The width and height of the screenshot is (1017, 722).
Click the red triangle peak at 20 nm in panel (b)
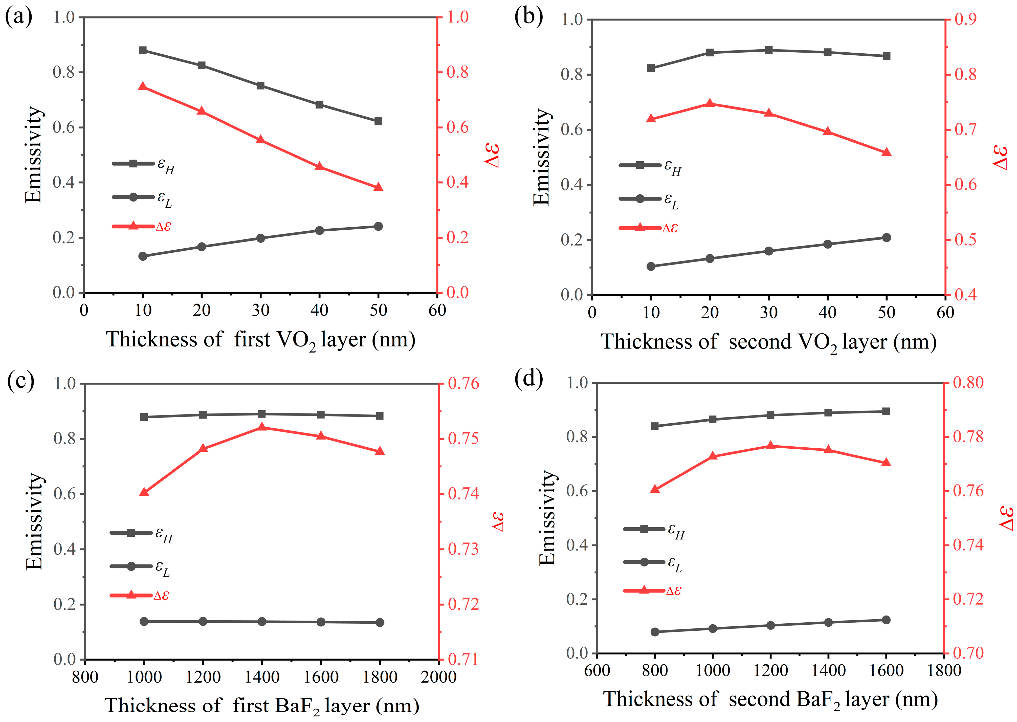pyautogui.click(x=710, y=104)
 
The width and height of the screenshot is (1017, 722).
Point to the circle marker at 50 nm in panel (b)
pyautogui.click(x=886, y=237)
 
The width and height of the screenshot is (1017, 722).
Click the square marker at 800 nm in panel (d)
pyautogui.click(x=655, y=426)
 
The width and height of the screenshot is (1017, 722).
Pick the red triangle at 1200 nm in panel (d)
pyautogui.click(x=771, y=446)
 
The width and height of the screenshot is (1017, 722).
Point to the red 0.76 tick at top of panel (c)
pyautogui.click(x=463, y=383)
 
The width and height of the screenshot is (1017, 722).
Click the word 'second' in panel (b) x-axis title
pyautogui.click(x=760, y=341)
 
